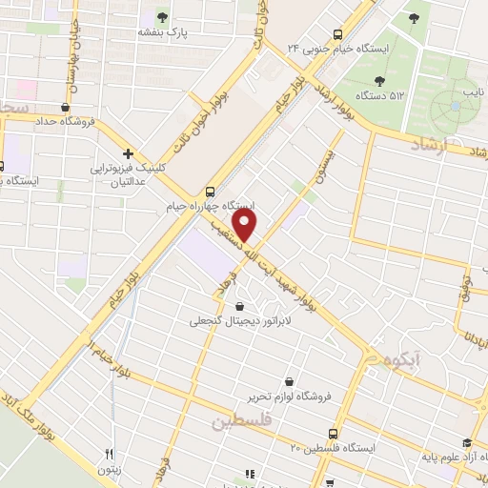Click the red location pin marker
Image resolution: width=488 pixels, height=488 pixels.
click(246, 226)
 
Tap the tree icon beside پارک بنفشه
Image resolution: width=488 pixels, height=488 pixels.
click(161, 16)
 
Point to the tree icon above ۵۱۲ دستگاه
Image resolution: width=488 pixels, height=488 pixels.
click(380, 80)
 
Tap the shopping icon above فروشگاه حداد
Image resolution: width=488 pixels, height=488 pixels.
click(65, 108)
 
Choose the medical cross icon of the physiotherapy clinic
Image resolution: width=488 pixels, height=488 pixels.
click(128, 152)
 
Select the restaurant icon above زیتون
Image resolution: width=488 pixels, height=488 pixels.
click(110, 454)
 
